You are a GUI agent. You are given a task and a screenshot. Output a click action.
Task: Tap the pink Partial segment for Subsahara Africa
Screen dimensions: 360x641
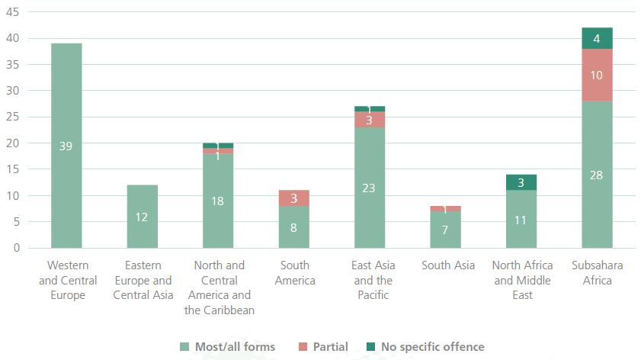tap(597, 75)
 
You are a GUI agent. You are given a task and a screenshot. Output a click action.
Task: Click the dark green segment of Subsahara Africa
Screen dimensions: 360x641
tap(597, 38)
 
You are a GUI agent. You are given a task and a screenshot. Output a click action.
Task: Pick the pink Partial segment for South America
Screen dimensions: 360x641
tap(294, 198)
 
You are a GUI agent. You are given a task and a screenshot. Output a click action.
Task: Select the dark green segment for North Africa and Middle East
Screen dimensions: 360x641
tap(521, 182)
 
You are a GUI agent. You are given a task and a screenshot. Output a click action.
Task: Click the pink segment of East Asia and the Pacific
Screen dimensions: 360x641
tap(370, 120)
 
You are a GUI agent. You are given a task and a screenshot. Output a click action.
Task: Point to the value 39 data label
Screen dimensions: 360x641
tap(66, 146)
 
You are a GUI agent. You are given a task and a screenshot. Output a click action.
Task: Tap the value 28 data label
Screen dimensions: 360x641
tap(597, 175)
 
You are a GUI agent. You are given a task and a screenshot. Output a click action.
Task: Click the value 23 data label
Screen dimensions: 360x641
tap(370, 188)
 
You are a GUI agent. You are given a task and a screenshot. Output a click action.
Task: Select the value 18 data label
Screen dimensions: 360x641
tap(218, 201)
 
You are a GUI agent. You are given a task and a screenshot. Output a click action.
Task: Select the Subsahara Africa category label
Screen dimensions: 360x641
tap(597, 272)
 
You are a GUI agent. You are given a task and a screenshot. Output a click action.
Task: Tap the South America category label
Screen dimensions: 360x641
tap(294, 272)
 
